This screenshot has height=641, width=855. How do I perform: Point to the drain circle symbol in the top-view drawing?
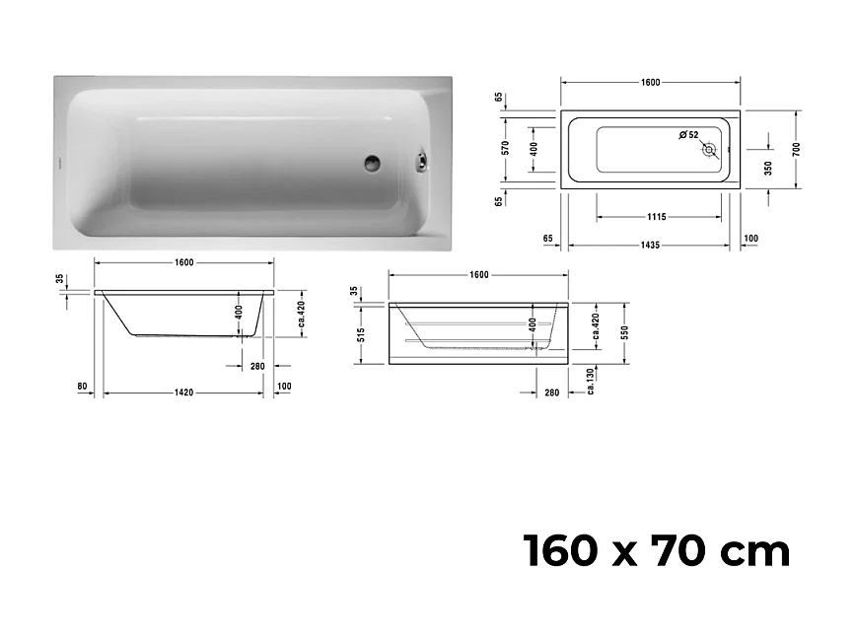pos(709,150)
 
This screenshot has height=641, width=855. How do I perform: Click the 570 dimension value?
pos(506,149)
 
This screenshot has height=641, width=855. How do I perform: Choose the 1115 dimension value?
pos(657,217)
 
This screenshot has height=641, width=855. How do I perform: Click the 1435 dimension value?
pos(649,244)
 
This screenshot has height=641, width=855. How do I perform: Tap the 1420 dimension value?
pos(183,392)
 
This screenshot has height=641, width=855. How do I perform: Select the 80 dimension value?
pos(82,386)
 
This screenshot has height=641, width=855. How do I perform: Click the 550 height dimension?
pos(625,333)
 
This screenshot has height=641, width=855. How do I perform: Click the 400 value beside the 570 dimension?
pos(533,149)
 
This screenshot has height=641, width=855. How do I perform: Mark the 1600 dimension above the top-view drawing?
pos(649,82)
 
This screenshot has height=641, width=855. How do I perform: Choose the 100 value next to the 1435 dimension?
pos(752,238)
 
